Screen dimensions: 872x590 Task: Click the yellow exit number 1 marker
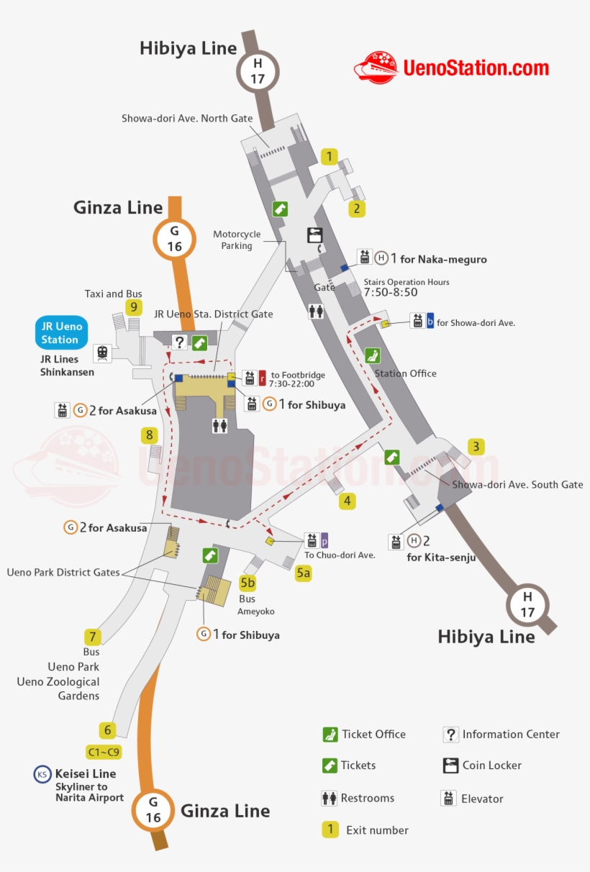pyautogui.click(x=329, y=156)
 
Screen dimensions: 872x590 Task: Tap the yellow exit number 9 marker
pyautogui.click(x=133, y=307)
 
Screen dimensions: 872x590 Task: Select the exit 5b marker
pyautogui.click(x=248, y=582)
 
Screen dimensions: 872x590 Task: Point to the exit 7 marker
pyautogui.click(x=91, y=637)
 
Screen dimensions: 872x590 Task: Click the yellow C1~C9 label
pyautogui.click(x=104, y=753)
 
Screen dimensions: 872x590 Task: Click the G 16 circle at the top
pyautogui.click(x=174, y=239)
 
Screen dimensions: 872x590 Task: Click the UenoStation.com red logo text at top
pyautogui.click(x=476, y=68)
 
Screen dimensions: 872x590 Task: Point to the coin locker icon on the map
pyautogui.click(x=314, y=235)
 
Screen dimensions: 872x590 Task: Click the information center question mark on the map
pyautogui.click(x=179, y=342)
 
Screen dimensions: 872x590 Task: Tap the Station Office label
pyautogui.click(x=405, y=373)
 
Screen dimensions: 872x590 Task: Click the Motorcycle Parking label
pyautogui.click(x=237, y=240)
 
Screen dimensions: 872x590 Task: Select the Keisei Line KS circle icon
pyautogui.click(x=42, y=774)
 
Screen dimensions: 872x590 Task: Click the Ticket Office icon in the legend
pyautogui.click(x=330, y=735)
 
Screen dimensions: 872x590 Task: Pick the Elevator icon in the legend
pyautogui.click(x=449, y=798)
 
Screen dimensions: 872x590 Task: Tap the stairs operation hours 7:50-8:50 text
pyautogui.click(x=390, y=293)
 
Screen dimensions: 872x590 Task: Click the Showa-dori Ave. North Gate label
pyautogui.click(x=187, y=118)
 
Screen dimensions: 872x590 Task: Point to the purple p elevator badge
pyautogui.click(x=324, y=540)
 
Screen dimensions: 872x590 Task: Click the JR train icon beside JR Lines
pyautogui.click(x=103, y=353)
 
